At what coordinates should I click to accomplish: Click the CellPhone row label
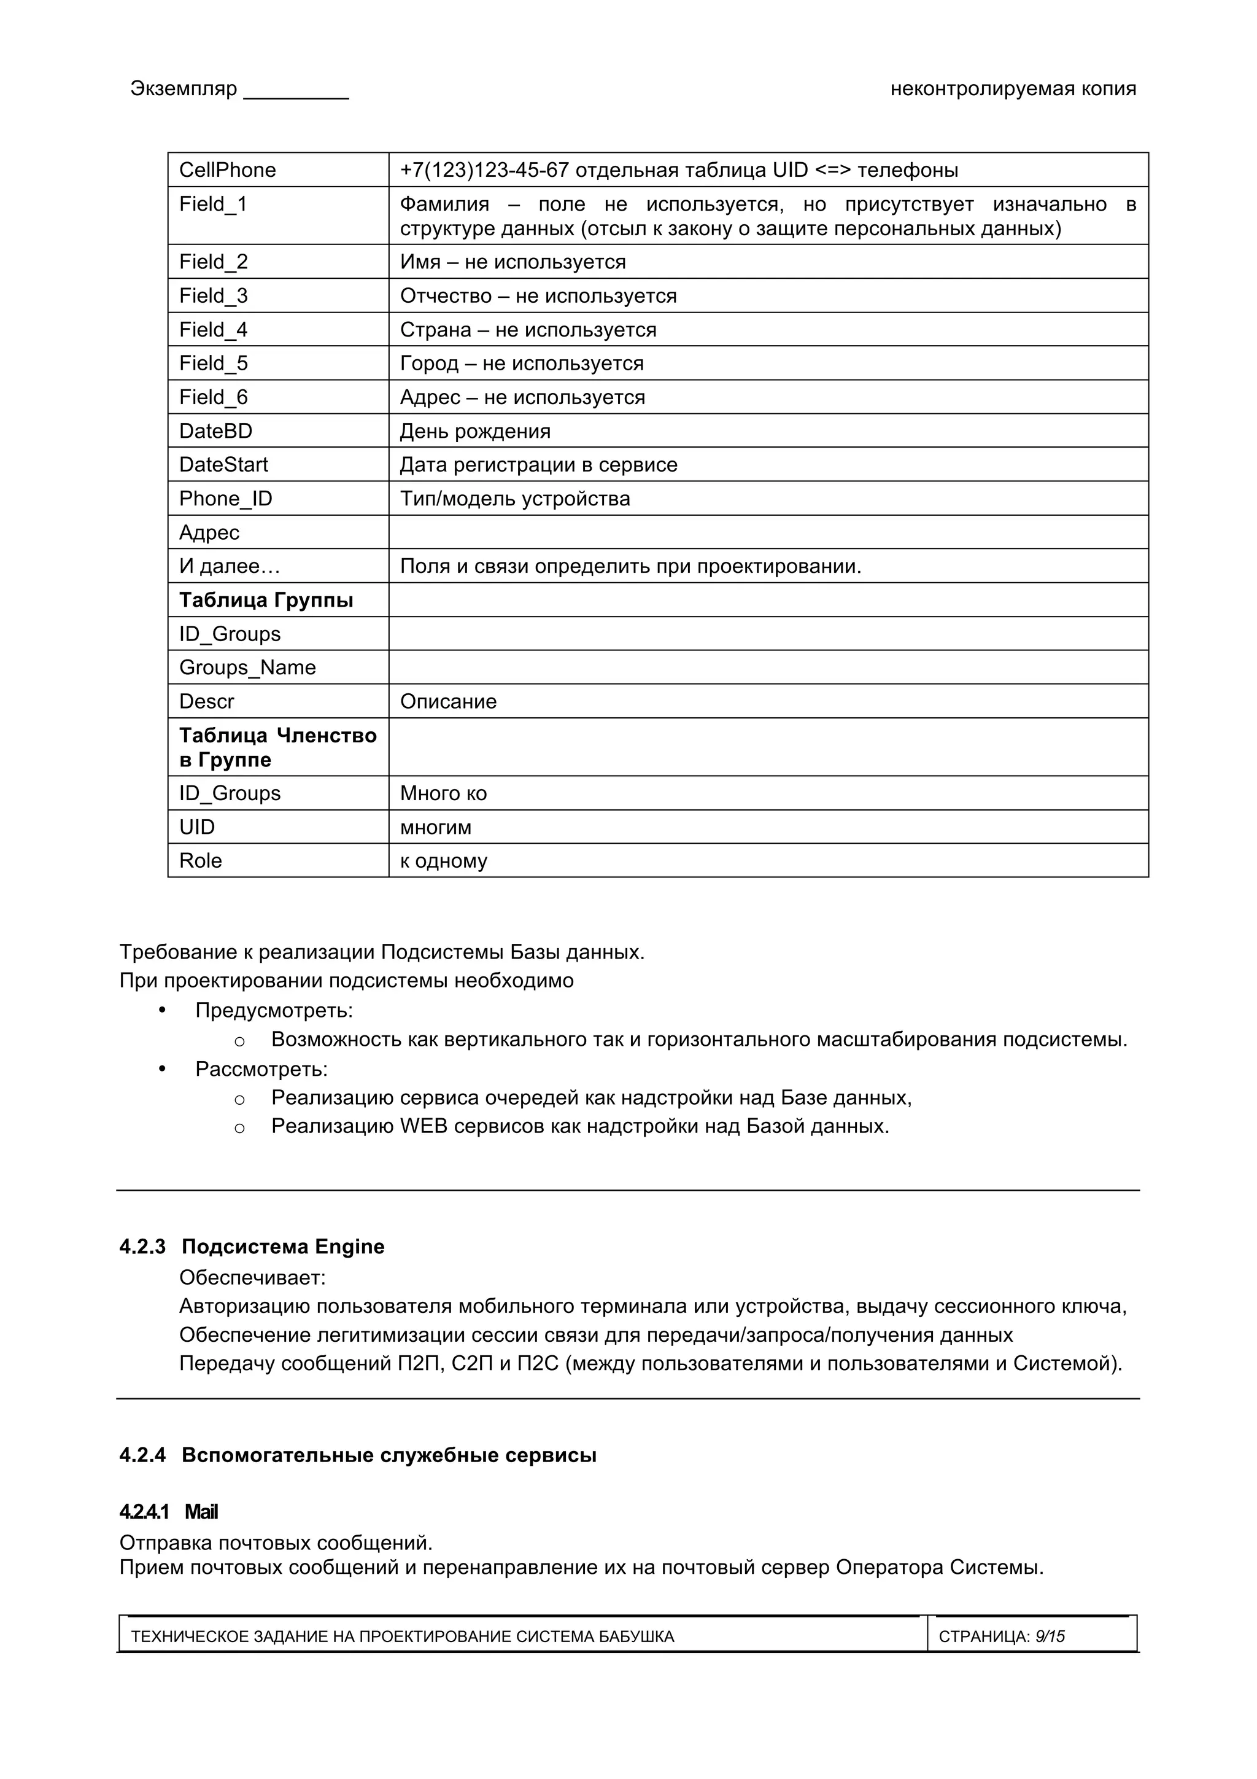pyautogui.click(x=227, y=169)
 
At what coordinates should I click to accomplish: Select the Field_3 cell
pyautogui.click(x=213, y=295)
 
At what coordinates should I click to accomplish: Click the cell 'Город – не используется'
pyautogui.click(x=521, y=363)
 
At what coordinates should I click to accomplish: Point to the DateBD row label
pyautogui.click(x=215, y=431)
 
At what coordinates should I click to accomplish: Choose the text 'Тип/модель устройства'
pyautogui.click(x=514, y=498)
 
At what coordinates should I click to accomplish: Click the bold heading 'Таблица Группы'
pyautogui.click(x=266, y=600)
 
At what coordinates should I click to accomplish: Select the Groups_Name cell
pyautogui.click(x=247, y=667)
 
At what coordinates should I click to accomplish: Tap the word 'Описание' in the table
pyautogui.click(x=447, y=701)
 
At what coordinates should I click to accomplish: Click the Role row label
pyautogui.click(x=200, y=860)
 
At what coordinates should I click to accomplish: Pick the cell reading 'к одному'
pyautogui.click(x=443, y=861)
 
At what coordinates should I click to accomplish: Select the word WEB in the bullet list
pyautogui.click(x=424, y=1126)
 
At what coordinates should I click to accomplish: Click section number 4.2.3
pyautogui.click(x=142, y=1247)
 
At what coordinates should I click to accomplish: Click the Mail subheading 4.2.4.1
pyautogui.click(x=169, y=1512)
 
